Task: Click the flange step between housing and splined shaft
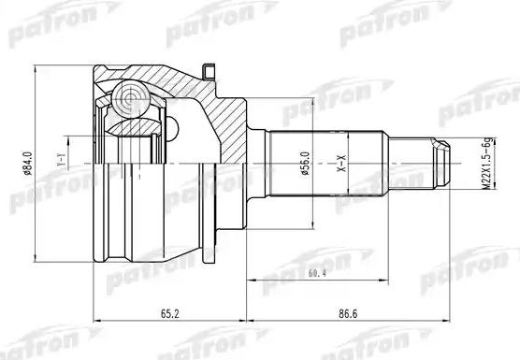pyautogui.click(x=253, y=163)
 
